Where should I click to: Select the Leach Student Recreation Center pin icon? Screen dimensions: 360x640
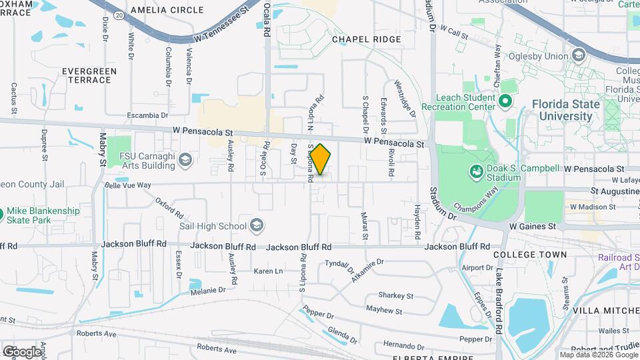point(505,102)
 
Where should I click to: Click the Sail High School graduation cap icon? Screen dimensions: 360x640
point(257,226)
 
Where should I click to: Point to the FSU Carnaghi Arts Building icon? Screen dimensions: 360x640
point(185,159)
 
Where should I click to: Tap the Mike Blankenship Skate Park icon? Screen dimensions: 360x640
point(2,215)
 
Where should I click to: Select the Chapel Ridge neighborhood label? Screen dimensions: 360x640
point(367,39)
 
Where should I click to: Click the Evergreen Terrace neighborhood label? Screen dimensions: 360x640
point(89,75)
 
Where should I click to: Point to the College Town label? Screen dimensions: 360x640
point(531,255)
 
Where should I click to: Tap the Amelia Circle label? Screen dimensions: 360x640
point(167,10)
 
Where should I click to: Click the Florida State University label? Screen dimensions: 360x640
point(565,110)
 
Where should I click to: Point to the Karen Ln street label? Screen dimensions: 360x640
point(268,271)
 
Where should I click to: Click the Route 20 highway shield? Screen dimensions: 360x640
point(119,14)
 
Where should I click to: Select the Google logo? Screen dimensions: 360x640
point(22,351)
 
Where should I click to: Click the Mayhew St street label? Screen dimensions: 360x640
point(384,311)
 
